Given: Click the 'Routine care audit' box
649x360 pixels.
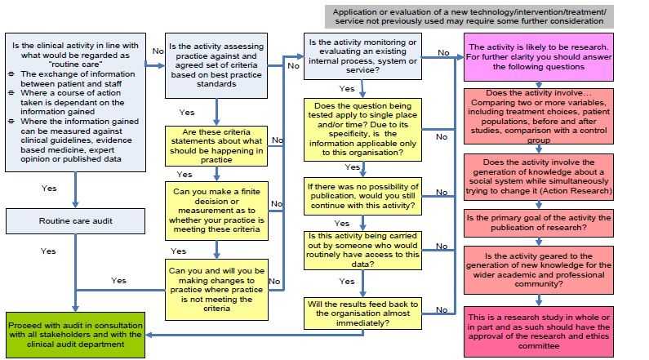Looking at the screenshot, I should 75,220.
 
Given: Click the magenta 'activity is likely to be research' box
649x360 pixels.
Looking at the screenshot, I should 538,58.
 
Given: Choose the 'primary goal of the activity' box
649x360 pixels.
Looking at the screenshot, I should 538,223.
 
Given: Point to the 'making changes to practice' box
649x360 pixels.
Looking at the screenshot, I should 216,289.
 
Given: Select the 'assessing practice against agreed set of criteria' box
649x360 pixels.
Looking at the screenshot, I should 216,64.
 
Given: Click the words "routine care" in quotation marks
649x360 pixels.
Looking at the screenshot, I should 75,62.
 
